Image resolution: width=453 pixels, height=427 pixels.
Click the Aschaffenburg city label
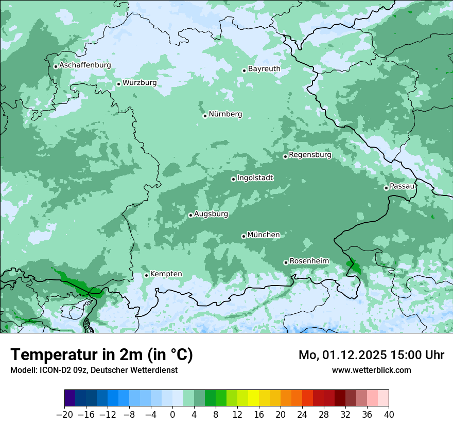tap(85, 65)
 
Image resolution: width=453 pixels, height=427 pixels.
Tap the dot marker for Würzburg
tap(118, 84)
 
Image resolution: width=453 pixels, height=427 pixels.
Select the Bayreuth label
tap(264, 68)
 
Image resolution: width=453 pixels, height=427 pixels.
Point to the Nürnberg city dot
tap(205, 116)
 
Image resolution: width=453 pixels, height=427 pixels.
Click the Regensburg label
tap(310, 154)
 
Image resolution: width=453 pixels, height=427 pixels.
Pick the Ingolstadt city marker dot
tap(233, 179)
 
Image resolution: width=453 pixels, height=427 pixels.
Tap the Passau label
tap(402, 186)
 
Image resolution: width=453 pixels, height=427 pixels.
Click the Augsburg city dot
tap(190, 215)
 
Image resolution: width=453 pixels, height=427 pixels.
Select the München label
tap(264, 235)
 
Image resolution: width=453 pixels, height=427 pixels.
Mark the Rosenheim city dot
tap(286, 262)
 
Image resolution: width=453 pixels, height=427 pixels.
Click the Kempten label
tap(166, 274)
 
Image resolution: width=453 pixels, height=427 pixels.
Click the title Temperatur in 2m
tap(102, 355)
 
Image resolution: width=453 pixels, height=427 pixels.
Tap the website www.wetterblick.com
tap(371, 370)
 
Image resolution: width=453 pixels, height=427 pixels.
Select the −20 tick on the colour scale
tap(64, 414)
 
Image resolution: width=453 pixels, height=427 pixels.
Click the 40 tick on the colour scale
tap(389, 414)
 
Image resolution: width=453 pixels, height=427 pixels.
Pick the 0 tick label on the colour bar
tap(172, 414)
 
